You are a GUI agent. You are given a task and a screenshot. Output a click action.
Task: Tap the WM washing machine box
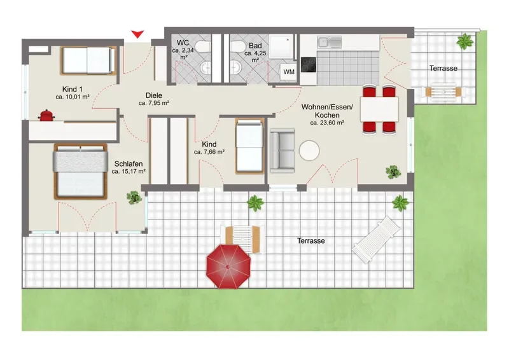[x=289, y=71]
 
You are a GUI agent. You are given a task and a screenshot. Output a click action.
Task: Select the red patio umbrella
[x=228, y=267]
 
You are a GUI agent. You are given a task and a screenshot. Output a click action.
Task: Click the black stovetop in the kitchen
[x=309, y=65]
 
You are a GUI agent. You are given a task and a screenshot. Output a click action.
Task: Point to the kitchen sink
[x=330, y=42]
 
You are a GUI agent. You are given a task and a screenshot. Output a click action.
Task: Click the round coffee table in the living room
[x=309, y=150]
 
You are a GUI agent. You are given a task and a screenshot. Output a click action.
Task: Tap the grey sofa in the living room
[x=282, y=151]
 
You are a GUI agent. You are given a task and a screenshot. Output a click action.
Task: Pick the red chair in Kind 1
[x=46, y=116]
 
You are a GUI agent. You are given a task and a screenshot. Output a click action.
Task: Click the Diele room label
[x=154, y=95]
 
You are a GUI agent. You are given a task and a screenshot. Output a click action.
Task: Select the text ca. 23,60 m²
[x=327, y=123]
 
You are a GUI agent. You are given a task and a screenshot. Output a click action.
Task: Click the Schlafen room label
[x=129, y=164]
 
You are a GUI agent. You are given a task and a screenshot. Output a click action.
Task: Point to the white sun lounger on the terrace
[x=377, y=239]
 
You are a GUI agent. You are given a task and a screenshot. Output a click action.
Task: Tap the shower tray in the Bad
[x=281, y=46]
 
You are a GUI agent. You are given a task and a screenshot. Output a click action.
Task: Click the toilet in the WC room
[x=204, y=46]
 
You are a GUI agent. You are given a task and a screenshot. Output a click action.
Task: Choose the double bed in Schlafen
[x=81, y=171]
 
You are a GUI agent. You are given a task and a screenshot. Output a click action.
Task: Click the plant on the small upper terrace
[x=465, y=41]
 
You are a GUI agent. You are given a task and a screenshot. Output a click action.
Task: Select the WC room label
[x=183, y=43]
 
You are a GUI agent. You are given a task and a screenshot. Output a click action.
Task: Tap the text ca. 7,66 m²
[x=209, y=152]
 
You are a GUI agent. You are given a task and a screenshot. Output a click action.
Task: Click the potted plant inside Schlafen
[x=134, y=197]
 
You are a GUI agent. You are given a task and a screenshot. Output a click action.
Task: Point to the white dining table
[x=379, y=109]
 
